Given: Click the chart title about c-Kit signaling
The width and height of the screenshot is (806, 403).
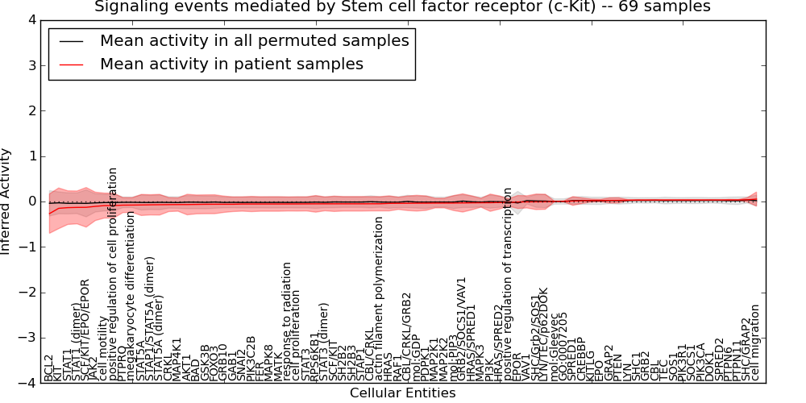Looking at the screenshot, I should pos(402,7).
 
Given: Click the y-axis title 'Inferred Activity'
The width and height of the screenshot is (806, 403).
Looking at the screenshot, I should pos(6,201).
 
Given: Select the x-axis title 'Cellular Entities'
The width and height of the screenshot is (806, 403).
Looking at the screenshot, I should pos(402,393).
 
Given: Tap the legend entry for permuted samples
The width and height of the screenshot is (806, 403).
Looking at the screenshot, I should pos(254,40).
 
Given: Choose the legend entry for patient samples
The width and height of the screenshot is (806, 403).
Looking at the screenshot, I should pos(231,64).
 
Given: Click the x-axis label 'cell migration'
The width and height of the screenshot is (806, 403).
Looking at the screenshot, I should pos(755,343).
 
